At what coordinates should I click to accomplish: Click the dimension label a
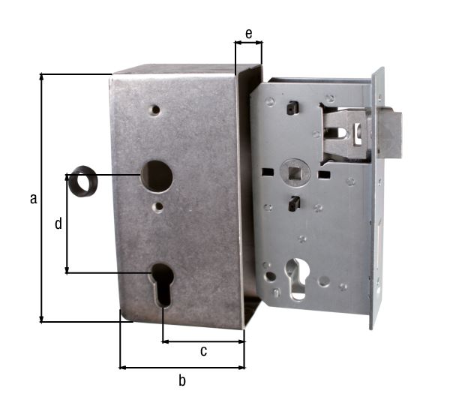[33, 199]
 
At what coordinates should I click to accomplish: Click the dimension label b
[182, 380]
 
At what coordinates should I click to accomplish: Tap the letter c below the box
[203, 351]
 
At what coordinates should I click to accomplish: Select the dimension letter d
[58, 224]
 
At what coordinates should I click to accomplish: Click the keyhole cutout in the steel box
[161, 284]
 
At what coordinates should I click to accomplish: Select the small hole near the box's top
[154, 110]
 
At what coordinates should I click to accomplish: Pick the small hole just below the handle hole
[159, 206]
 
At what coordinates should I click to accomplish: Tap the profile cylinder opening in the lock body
[298, 277]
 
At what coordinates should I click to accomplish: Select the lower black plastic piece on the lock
[295, 203]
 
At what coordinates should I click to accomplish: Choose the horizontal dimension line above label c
[203, 341]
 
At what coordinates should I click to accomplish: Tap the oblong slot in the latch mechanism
[342, 133]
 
